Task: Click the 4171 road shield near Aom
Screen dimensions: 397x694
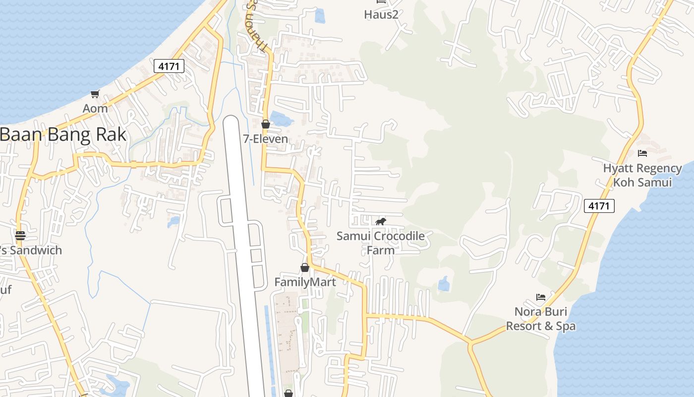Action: (169, 66)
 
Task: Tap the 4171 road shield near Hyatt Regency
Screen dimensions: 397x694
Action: (599, 205)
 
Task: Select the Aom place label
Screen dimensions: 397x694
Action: (95, 108)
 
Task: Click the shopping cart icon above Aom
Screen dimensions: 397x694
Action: (95, 94)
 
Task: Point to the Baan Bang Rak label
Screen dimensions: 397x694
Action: (63, 134)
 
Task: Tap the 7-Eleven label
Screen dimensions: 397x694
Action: (266, 139)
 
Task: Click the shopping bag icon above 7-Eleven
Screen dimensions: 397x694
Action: (266, 124)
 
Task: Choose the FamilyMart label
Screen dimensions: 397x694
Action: (305, 282)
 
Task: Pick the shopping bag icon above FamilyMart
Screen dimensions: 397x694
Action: (305, 267)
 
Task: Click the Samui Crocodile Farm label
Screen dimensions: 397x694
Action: (381, 243)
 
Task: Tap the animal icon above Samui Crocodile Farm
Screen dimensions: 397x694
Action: (381, 221)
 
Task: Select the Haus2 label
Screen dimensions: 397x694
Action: (381, 14)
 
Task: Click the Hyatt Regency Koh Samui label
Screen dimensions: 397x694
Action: (642, 175)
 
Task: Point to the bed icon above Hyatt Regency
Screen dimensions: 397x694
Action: (642, 153)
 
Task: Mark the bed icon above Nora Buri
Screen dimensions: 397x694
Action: (541, 297)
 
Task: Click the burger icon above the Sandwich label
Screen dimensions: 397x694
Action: (20, 235)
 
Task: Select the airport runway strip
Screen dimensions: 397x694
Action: (243, 248)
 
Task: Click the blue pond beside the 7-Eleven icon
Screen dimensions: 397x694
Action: (281, 120)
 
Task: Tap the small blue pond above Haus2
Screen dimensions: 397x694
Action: (320, 16)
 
